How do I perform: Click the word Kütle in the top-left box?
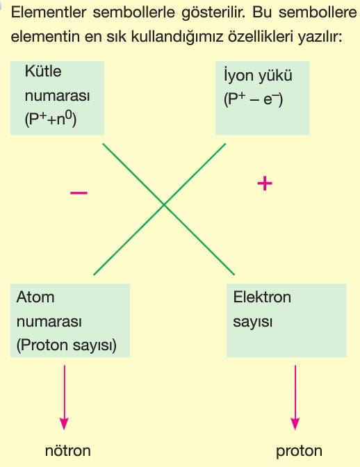point(43,71)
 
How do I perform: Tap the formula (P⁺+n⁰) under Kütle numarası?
point(51,119)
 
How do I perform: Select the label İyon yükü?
point(258,76)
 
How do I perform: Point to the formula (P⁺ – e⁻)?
point(253,99)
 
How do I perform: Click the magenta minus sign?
point(79,193)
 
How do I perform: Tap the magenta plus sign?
point(265,183)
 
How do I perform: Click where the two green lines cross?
point(164,204)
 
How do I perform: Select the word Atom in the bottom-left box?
point(35,297)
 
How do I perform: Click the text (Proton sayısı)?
point(67,345)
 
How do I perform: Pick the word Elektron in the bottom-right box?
point(262,297)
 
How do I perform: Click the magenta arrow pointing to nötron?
point(65,398)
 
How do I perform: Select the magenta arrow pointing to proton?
point(295,398)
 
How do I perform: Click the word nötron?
point(68,450)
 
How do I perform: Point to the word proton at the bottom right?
point(299,452)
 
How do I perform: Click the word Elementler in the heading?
point(49,13)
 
